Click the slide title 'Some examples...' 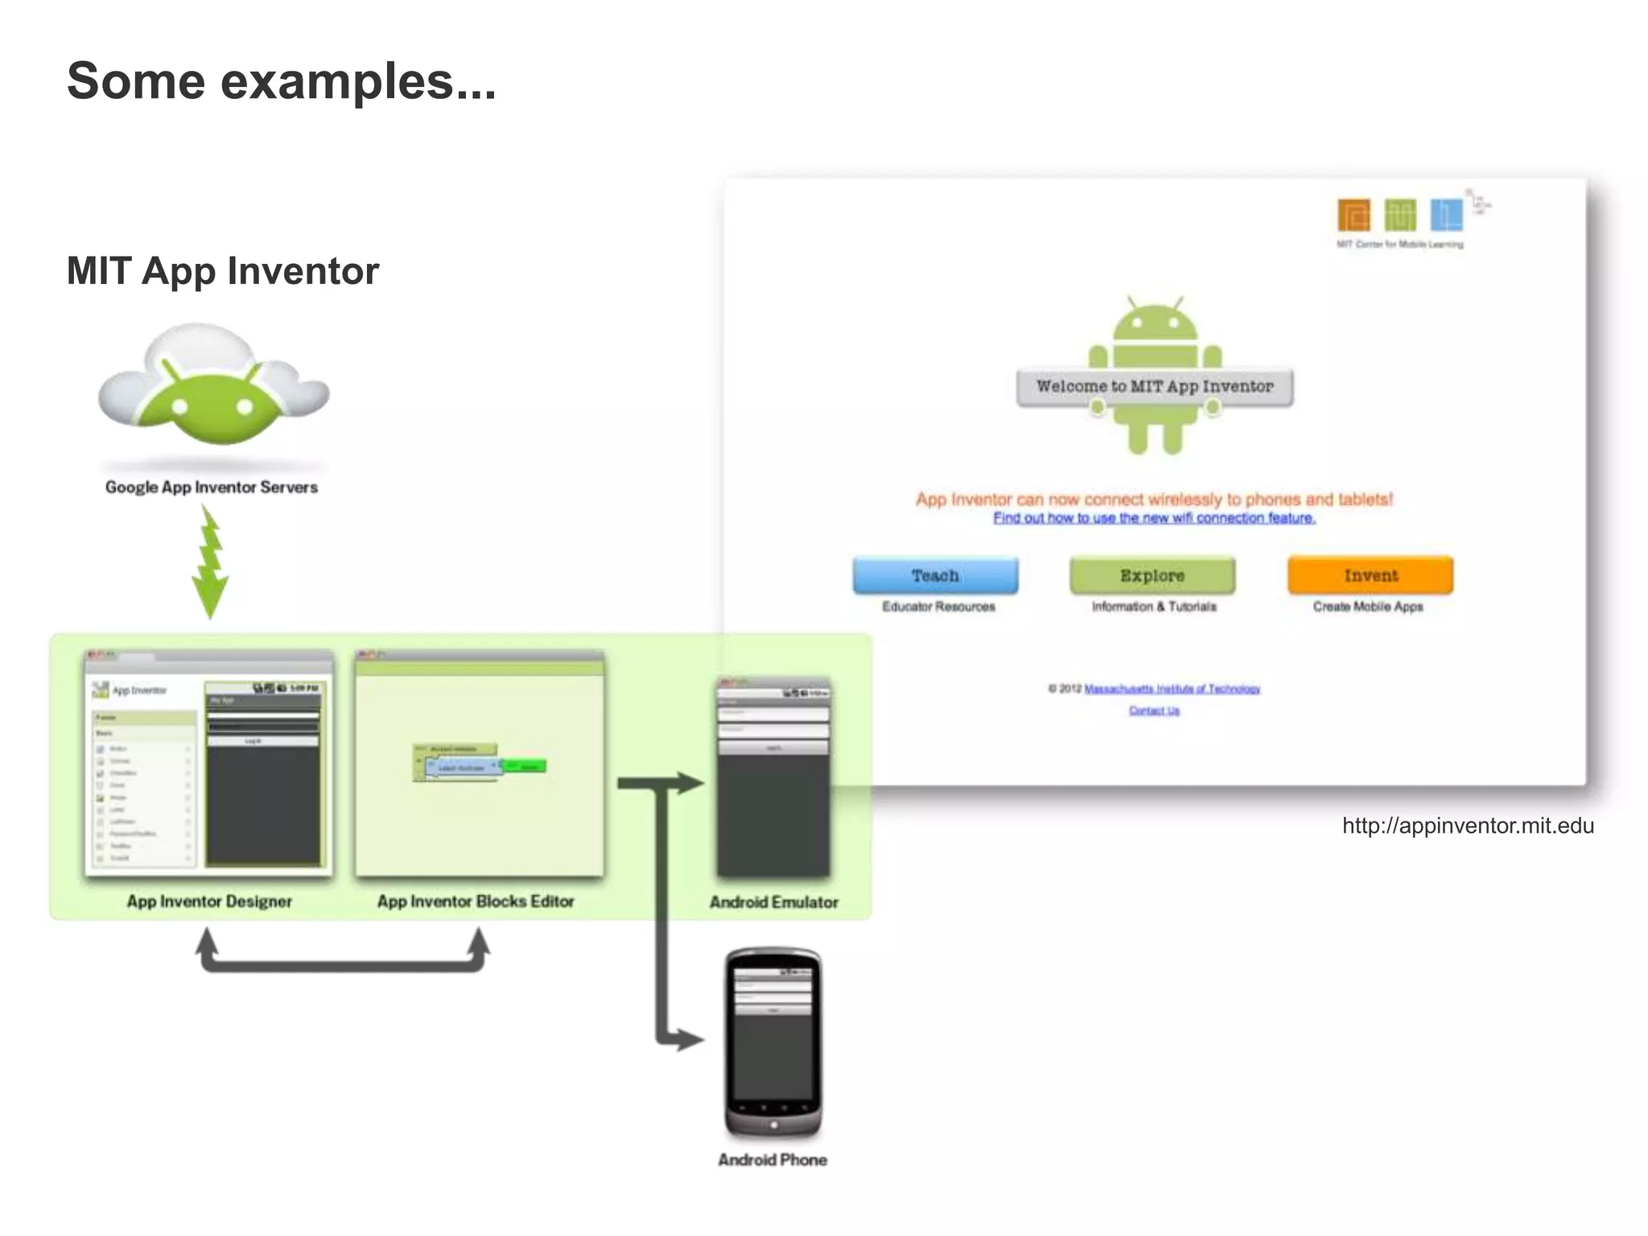[281, 81]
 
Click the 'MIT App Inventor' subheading [222, 271]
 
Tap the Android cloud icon [213, 386]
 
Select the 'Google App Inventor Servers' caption [211, 487]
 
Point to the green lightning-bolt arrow [211, 563]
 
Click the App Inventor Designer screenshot [208, 763]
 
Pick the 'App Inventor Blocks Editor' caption [475, 901]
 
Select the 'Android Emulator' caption [773, 902]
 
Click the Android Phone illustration [772, 1042]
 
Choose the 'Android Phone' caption [772, 1160]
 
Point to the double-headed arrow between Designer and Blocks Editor [342, 962]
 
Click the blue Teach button [935, 575]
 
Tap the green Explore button [1152, 575]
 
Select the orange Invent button [1370, 575]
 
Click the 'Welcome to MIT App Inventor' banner [1155, 387]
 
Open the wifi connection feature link [1154, 518]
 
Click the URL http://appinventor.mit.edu [1468, 826]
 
